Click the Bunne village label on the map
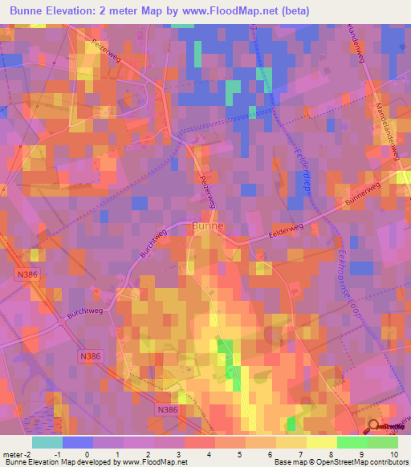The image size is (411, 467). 208,227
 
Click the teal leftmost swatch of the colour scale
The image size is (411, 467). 47,442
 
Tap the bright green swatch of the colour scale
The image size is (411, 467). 352,442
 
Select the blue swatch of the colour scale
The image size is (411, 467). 77,442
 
